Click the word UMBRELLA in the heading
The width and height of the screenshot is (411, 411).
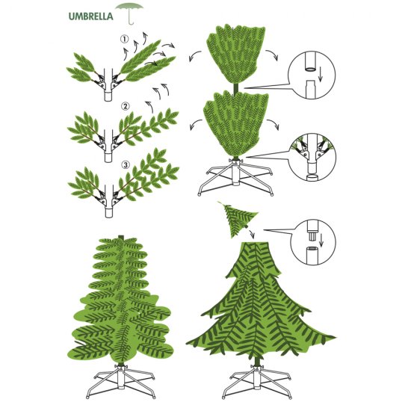pos(90,16)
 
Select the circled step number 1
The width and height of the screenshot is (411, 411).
pos(125,40)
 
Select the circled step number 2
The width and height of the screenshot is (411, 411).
pos(126,106)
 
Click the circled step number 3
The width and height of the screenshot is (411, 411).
pos(126,165)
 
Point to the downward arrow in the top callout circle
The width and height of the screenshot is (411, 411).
pos(321,74)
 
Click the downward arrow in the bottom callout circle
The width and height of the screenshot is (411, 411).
pos(321,241)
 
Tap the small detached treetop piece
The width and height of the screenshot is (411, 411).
pos(238,219)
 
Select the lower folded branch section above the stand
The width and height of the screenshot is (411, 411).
pos(236,125)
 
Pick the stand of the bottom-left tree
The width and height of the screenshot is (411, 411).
pos(120,381)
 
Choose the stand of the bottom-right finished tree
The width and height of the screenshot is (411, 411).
pos(257,383)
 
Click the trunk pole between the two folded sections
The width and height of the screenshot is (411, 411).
pos(236,89)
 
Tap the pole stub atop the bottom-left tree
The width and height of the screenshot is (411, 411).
pos(120,237)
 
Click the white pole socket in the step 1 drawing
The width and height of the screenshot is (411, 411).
pos(108,96)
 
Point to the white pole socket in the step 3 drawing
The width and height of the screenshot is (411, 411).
pos(109,212)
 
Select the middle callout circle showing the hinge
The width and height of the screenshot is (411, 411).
pos(312,157)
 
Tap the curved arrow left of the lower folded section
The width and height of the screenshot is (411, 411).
pos(195,124)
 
